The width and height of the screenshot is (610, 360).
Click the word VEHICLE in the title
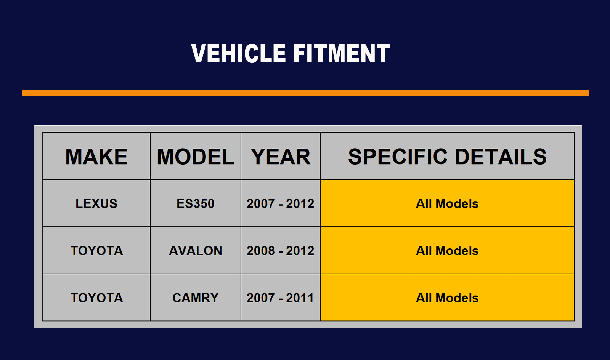pos(239,53)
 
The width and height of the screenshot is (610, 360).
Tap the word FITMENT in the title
pos(342,53)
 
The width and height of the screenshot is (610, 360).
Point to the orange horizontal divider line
pos(305,93)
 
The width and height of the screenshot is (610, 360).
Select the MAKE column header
pos(96,157)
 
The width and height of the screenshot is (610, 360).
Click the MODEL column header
pos(196,157)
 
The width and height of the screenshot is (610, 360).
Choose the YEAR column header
pos(281,157)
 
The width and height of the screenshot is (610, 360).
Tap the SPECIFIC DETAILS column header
pos(447,157)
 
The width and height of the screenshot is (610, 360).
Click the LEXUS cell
pos(96,203)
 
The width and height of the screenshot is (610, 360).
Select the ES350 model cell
pos(196,203)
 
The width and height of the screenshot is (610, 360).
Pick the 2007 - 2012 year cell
pos(281,203)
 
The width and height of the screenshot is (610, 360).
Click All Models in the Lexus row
pos(447,203)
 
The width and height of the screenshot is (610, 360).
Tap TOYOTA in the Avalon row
pos(97,251)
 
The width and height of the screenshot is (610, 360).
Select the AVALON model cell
pos(196,251)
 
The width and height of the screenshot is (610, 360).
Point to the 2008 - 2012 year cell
pos(281,251)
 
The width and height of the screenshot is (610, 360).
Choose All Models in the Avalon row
pos(447,251)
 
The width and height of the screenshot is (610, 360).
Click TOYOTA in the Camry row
pos(97,298)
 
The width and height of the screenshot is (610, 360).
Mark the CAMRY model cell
pos(196,298)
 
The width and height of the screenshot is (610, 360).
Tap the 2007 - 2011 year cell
pos(280,298)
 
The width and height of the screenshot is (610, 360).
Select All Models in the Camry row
pos(447,298)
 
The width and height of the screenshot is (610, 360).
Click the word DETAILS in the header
pos(501,157)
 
